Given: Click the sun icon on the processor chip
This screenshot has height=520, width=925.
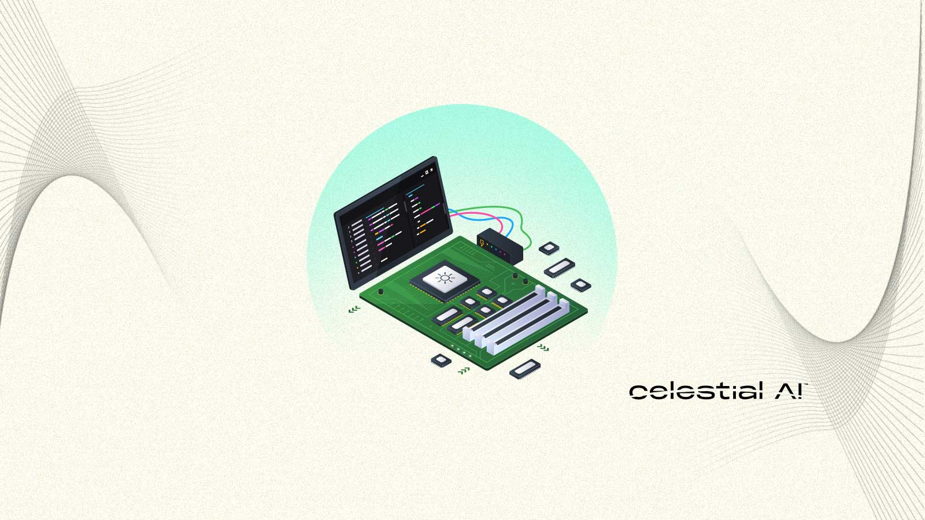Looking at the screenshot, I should click(445, 278).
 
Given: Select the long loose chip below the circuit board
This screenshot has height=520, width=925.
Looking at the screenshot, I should click(525, 368).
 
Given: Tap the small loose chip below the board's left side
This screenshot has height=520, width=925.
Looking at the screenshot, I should click(441, 361).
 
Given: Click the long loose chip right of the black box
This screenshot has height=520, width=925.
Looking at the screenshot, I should click(560, 268).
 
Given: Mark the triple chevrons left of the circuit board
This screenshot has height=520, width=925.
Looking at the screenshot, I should click(354, 310).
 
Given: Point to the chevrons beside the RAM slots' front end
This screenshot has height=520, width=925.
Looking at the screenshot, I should click(543, 347).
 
